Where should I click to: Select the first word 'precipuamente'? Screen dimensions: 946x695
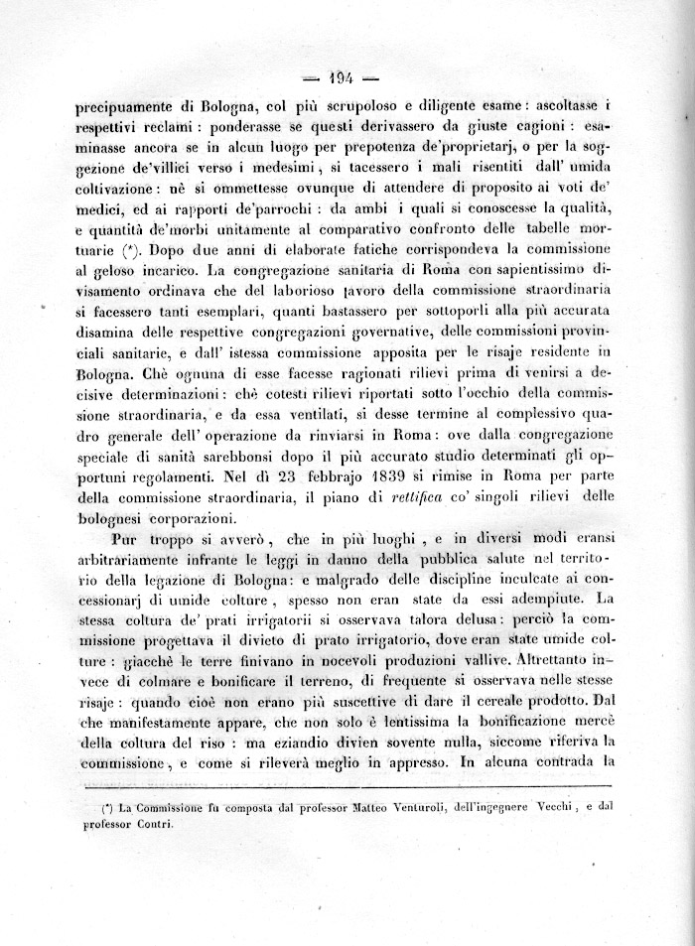point(126,107)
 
